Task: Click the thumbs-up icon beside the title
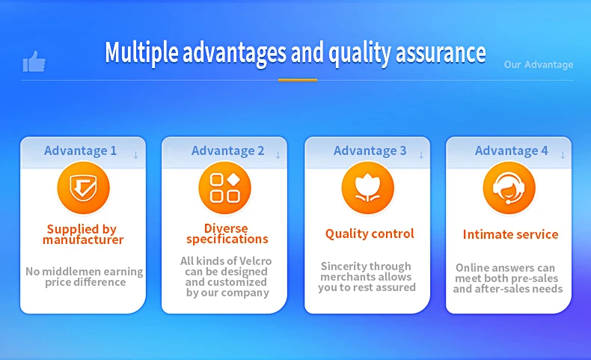coord(34,61)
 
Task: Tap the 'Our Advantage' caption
coord(539,64)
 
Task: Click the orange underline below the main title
coord(298,80)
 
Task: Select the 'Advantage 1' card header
coord(80,150)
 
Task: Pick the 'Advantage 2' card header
coord(227,150)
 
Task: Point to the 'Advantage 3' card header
coord(370,150)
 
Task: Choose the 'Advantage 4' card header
coord(511,150)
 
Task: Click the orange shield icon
coord(83,188)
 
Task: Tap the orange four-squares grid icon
coord(224,188)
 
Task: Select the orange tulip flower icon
coord(367,188)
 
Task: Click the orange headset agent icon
coord(509,188)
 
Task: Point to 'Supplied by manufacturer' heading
coord(83,234)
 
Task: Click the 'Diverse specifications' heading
coord(227,234)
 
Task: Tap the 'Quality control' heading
coord(370,234)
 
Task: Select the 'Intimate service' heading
coord(510,234)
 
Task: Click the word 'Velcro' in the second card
coord(256,261)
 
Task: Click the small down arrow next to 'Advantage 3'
coord(421,155)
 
